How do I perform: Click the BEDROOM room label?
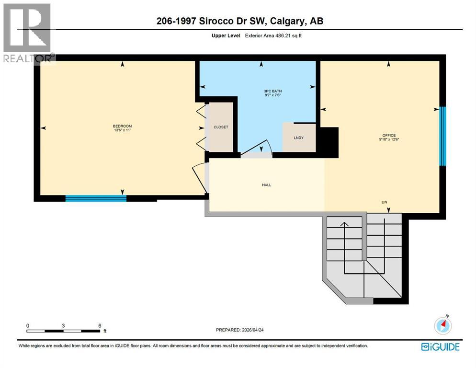[123, 126]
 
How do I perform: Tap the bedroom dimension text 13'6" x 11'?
[123, 130]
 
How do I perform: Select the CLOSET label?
[221, 127]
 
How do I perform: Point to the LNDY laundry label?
[299, 138]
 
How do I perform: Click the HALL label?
[267, 184]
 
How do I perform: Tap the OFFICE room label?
[389, 135]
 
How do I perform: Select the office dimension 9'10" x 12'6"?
[389, 139]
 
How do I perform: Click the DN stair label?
[384, 202]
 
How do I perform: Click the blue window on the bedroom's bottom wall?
[96, 198]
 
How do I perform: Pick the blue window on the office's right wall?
[442, 136]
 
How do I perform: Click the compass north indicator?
[443, 325]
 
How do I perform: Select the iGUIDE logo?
[440, 346]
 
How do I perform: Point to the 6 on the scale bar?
[100, 325]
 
